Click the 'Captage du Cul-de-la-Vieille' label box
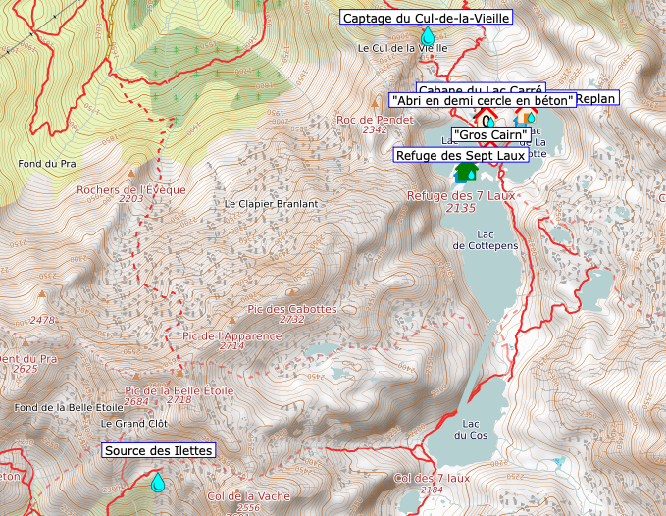[426, 17]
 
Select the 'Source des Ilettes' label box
[158, 450]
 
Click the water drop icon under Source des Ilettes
[157, 482]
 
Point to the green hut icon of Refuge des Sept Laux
[466, 172]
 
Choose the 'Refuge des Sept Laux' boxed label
[460, 155]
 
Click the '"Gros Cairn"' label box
[491, 133]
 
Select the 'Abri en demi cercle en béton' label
[481, 100]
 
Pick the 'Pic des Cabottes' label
[292, 308]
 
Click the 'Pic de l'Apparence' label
[231, 335]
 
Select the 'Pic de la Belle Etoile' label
[179, 389]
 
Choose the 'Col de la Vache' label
[247, 496]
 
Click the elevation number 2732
[292, 320]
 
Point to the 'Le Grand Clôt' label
[135, 423]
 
